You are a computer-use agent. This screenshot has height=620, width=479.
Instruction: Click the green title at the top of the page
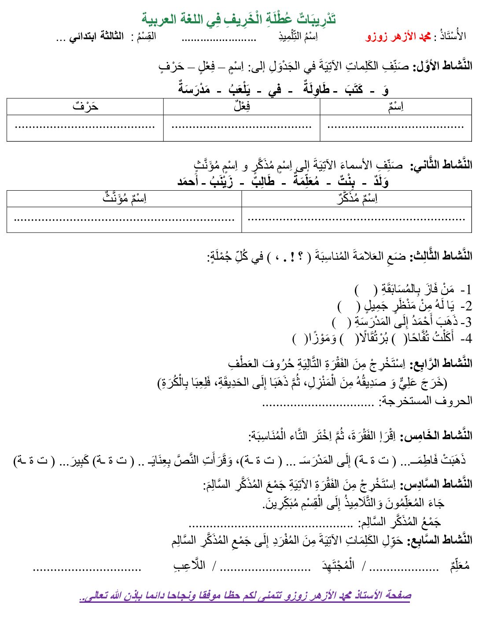coord(239,19)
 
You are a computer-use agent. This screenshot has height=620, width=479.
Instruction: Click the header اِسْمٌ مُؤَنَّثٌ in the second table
coord(124,199)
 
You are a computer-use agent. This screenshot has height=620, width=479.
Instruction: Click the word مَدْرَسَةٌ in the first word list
coord(194,89)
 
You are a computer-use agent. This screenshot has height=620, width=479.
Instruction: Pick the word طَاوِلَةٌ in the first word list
coord(316,89)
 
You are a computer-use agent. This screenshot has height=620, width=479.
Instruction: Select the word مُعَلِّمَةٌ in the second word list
coord(306,181)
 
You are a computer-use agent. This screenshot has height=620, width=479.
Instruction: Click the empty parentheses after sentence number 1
coord(365,290)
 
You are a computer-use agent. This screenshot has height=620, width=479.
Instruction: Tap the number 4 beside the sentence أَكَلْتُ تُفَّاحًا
coord(467,338)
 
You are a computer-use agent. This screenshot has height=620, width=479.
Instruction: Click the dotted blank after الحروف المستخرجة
coord(318,402)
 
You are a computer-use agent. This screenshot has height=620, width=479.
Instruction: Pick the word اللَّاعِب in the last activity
coord(189,566)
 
